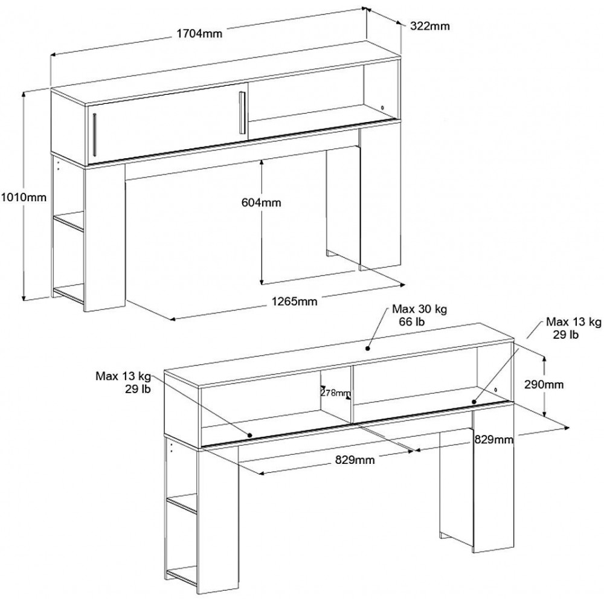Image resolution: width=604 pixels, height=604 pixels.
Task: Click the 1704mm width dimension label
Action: pyautogui.click(x=199, y=33)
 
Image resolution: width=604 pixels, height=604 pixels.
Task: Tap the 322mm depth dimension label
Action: pyautogui.click(x=430, y=26)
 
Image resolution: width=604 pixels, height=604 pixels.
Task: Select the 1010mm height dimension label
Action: pyautogui.click(x=23, y=198)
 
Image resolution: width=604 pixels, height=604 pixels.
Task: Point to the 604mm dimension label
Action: pyautogui.click(x=261, y=202)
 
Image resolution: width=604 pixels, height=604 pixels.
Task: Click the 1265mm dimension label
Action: pyautogui.click(x=295, y=301)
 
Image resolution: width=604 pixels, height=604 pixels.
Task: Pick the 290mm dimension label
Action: pyautogui.click(x=544, y=384)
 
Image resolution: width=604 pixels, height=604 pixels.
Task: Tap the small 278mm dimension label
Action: pyautogui.click(x=335, y=393)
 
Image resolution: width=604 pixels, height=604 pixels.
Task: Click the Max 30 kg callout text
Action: pyautogui.click(x=420, y=309)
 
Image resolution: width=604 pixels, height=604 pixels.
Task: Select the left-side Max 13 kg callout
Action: pyautogui.click(x=123, y=376)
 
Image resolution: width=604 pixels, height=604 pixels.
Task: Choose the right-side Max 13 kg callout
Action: pyautogui.click(x=574, y=322)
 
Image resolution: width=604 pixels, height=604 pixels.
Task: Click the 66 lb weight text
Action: pyautogui.click(x=412, y=321)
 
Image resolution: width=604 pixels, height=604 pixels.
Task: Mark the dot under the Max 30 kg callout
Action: pyautogui.click(x=367, y=349)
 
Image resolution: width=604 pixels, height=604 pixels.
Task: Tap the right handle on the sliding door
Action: pyautogui.click(x=242, y=113)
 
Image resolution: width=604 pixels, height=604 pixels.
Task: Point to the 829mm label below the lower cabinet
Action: pyautogui.click(x=355, y=460)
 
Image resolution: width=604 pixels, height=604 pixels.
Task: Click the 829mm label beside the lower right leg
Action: pyautogui.click(x=494, y=440)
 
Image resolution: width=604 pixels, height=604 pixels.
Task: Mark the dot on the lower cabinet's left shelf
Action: pyautogui.click(x=249, y=435)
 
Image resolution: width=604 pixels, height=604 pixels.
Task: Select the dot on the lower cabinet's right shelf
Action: pyautogui.click(x=474, y=402)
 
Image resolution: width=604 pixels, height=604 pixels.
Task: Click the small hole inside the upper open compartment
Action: pyautogui.click(x=382, y=108)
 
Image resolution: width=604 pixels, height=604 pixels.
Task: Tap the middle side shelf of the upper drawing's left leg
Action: pyautogui.click(x=68, y=223)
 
